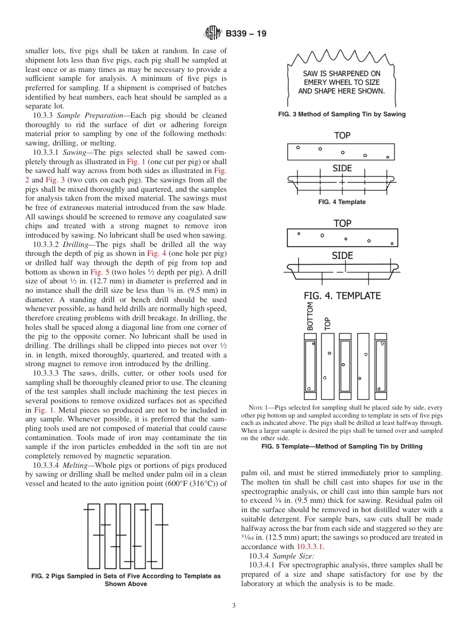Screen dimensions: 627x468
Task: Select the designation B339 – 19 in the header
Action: click(246, 34)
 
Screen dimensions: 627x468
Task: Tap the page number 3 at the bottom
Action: click(234, 605)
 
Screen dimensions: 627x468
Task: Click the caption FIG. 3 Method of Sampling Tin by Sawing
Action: click(342, 114)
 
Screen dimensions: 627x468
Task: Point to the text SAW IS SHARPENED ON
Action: click(341, 73)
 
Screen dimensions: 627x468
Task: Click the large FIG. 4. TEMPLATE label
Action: click(342, 296)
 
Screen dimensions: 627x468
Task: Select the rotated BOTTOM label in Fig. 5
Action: click(310, 316)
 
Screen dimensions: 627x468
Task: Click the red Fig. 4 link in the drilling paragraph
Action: click(155, 254)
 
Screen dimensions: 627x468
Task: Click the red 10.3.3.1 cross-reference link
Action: click(310, 547)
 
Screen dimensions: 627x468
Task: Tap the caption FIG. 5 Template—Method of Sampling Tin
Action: click(342, 447)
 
